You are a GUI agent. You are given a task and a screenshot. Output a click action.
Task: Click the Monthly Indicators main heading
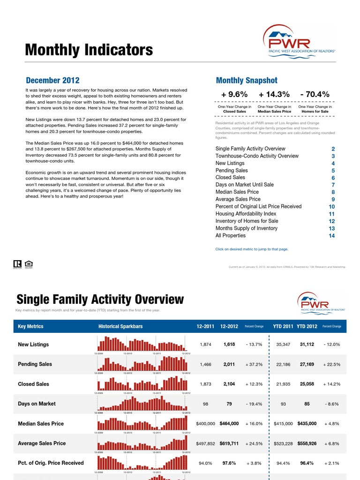point(89,50)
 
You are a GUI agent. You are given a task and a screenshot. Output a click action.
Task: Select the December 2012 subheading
point(52,81)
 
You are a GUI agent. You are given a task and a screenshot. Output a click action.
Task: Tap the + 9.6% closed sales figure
point(234,94)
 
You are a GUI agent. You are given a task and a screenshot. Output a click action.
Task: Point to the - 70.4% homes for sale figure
point(315,94)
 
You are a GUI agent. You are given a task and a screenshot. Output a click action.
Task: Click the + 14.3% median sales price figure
point(274,94)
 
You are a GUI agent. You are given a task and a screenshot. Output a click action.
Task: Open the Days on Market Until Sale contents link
point(244,185)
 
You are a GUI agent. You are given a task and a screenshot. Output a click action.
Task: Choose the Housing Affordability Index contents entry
point(246,214)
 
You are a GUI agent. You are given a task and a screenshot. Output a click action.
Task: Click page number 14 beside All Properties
point(332,236)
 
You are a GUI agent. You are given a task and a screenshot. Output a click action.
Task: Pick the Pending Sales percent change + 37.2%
point(254,364)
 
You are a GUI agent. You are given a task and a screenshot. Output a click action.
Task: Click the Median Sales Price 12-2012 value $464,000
point(229,423)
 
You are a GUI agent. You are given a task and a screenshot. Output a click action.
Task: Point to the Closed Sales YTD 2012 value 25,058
point(307,384)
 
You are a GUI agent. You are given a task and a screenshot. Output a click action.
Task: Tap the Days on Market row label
point(37,404)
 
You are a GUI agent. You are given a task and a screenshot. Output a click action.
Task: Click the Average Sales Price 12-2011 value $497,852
point(205,443)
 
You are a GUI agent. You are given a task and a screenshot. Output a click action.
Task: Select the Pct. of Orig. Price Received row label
point(51,463)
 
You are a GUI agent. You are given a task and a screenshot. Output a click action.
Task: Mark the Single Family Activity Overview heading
point(100,299)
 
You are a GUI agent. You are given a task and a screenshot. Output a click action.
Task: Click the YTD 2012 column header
point(307,327)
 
